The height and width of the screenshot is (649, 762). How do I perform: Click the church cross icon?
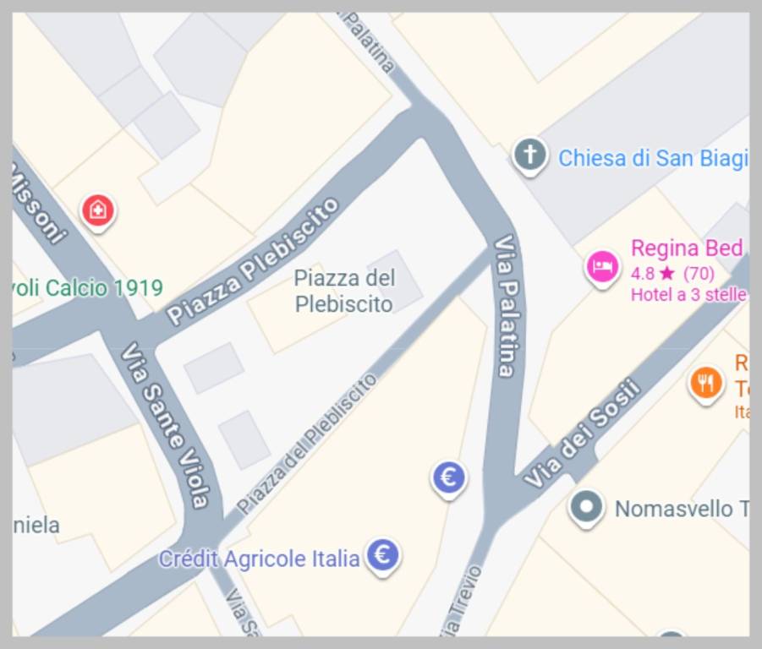pos(529,155)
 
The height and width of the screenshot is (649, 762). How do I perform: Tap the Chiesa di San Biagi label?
pos(652,158)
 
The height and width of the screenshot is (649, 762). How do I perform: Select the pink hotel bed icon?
pos(602,267)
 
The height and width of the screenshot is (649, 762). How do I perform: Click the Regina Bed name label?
pos(686,248)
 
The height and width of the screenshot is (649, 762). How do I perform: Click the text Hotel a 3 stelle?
pos(688,294)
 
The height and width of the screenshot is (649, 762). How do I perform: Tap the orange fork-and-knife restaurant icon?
pos(706,384)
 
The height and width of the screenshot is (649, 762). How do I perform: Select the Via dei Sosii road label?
pos(581,436)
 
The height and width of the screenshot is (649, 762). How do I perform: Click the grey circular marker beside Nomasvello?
pos(586,508)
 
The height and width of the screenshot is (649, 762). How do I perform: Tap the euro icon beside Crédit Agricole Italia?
pos(383,556)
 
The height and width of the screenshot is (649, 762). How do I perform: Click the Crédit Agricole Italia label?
pos(259,559)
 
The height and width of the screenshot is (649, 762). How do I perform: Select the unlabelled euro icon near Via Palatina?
pos(449,478)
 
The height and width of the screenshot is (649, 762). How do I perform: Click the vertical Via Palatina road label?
pos(506,306)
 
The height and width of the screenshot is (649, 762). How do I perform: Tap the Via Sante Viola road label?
pos(165,424)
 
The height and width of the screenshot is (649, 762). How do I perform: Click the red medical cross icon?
pos(98,210)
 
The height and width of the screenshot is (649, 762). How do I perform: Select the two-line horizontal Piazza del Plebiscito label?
pos(344,291)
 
